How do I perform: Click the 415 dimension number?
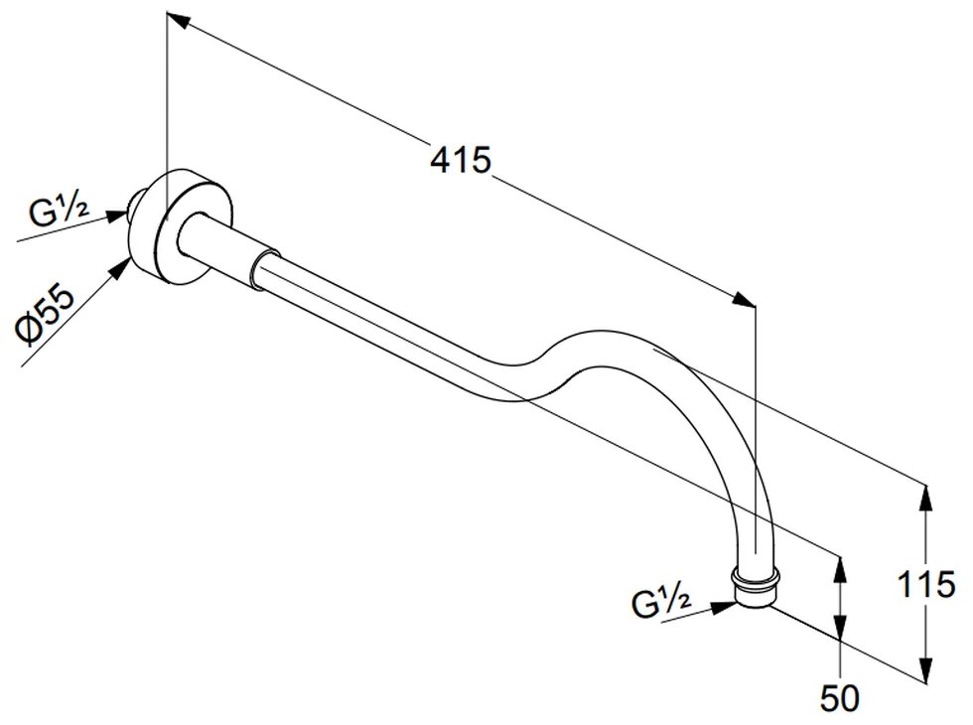pos(461,160)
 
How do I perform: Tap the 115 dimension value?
pos(926,584)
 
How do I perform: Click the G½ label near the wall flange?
pos(59,211)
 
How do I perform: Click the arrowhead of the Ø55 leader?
pos(120,269)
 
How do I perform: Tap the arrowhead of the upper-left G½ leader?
pos(116,216)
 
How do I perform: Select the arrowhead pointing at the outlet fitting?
pos(722,607)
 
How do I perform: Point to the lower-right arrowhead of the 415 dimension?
pos(744,299)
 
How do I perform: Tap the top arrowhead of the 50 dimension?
pos(840,568)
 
